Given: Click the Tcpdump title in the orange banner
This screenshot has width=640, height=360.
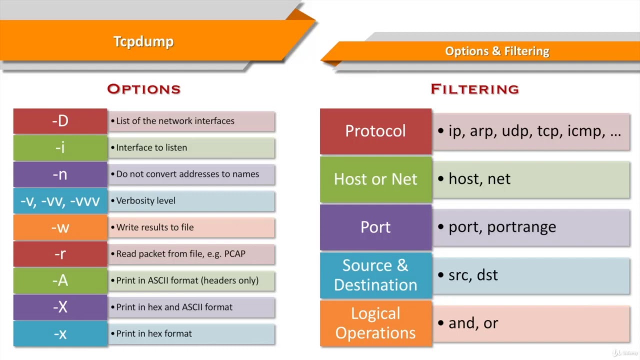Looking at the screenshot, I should (143, 41).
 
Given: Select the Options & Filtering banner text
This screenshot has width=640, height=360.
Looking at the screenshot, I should (497, 51).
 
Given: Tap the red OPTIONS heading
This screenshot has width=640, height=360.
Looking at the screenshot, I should (143, 89).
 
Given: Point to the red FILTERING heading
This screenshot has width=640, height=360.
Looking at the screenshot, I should (474, 89).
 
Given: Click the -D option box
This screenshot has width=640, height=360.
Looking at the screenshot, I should (60, 121).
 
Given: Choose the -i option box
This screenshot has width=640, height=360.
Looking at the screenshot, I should (60, 147).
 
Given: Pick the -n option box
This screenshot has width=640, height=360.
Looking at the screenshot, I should (60, 174).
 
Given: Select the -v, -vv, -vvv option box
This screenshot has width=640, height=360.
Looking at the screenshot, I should (60, 200).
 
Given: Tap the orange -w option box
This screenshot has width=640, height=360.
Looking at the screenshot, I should (60, 227).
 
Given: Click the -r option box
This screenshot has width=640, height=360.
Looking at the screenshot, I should (60, 253).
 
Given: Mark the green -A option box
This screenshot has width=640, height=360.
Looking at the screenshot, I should (60, 280).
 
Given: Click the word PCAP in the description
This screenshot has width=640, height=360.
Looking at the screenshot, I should (234, 254).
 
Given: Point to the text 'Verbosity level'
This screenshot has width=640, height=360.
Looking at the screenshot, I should (145, 200).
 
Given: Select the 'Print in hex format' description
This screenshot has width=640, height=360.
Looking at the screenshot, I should (154, 333).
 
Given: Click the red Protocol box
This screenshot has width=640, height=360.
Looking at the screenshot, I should (375, 131).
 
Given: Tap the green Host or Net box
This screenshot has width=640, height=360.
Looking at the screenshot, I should (375, 179).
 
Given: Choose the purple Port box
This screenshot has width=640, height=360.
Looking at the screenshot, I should (375, 227).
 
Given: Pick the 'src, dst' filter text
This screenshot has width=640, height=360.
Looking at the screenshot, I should (473, 275).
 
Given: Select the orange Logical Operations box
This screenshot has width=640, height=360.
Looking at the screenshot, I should (375, 323).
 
